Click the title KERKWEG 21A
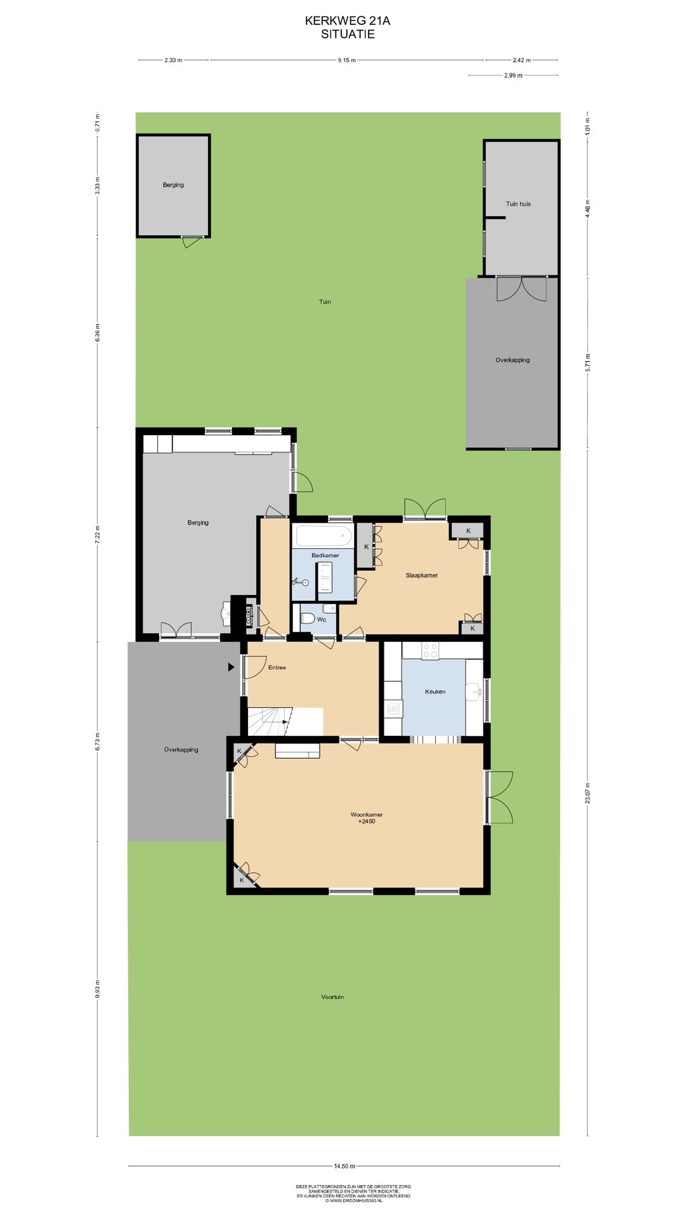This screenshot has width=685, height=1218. (x=347, y=21)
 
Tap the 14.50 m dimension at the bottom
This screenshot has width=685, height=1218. (x=344, y=1166)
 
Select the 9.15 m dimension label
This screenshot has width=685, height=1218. (x=346, y=60)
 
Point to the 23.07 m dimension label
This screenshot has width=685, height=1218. (x=587, y=793)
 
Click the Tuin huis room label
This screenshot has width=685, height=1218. (x=518, y=204)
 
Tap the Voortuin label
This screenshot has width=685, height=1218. (x=332, y=997)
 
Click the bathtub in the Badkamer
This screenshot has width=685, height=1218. (x=324, y=536)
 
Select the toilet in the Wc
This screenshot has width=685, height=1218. (x=307, y=619)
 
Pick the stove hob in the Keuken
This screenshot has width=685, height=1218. (x=430, y=651)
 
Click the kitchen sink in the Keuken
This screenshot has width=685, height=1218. (x=473, y=691)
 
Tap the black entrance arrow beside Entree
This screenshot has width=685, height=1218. (x=232, y=667)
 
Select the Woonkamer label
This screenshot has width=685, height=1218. (x=367, y=815)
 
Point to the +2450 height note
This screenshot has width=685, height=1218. (x=367, y=822)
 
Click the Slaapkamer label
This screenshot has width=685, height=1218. (x=422, y=575)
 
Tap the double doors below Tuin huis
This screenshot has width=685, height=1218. (x=521, y=289)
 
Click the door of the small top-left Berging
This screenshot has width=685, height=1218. (x=191, y=240)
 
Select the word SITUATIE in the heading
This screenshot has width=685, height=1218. (x=348, y=34)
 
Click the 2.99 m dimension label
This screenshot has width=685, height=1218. (x=513, y=75)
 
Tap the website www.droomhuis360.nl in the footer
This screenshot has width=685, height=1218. (x=355, y=1201)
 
